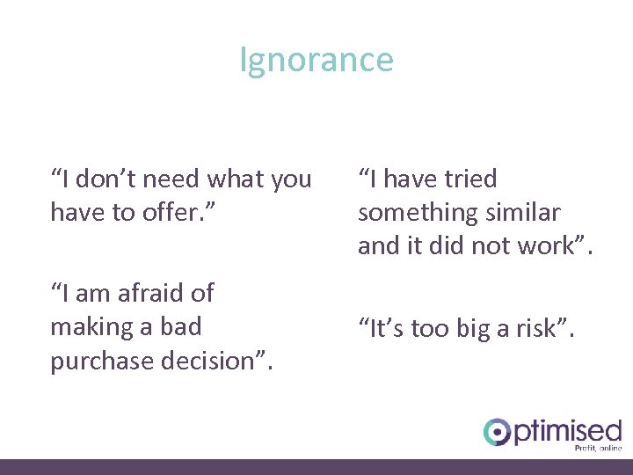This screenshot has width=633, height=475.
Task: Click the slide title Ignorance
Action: click(316, 61)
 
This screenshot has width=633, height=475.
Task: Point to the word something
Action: click(412, 213)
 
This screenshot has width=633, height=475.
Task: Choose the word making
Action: click(89, 326)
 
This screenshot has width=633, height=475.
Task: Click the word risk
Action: click(539, 329)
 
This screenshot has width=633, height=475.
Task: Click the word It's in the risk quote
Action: click(384, 329)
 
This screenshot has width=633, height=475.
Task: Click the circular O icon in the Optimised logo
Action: click(498, 432)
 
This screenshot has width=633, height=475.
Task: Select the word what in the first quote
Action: click(236, 179)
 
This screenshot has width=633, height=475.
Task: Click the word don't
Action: click(108, 179)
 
